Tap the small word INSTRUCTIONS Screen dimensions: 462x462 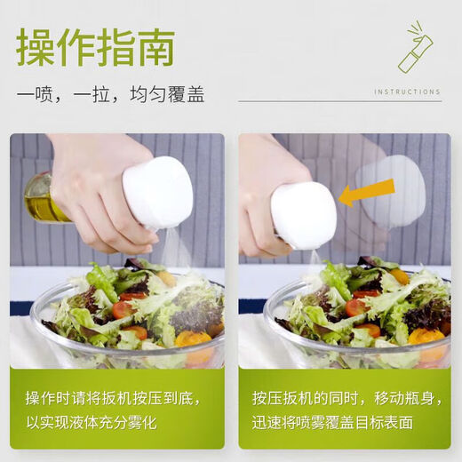coord(407,92)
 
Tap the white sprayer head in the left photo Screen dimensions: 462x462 coord(157,192)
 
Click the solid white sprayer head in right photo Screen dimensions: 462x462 coord(304,215)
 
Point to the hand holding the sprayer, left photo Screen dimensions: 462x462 coord(93,182)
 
